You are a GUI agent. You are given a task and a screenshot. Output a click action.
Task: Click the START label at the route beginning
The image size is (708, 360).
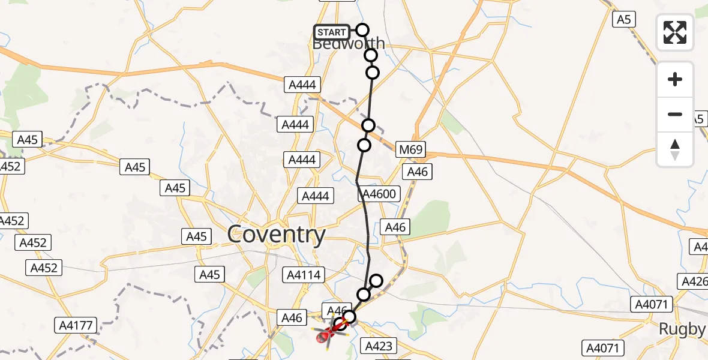tap(331, 32)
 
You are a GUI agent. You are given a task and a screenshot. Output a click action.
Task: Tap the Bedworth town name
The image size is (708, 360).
tap(349, 45)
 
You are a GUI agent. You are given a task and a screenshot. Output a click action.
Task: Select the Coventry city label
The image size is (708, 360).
tap(277, 235)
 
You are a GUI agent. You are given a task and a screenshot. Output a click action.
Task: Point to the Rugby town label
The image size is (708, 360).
tap(682, 329)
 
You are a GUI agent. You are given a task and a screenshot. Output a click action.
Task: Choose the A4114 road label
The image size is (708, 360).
tap(304, 275)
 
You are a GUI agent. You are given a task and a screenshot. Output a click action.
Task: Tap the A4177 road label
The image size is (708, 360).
tap(76, 326)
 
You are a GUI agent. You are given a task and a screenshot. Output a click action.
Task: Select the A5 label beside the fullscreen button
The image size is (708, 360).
tap(624, 20)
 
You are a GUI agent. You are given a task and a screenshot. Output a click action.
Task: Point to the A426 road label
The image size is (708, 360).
tap(694, 281)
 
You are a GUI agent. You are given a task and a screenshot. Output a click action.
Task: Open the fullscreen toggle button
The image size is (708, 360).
tap(675, 32)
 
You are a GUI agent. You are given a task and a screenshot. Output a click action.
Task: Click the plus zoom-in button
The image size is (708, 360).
tap(675, 79)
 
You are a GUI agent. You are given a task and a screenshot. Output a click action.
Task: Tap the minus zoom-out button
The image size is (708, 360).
tap(675, 114)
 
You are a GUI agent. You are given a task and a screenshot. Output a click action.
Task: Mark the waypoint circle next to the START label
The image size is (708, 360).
tap(362, 30)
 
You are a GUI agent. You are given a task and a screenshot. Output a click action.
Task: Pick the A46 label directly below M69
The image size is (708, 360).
tap(418, 172)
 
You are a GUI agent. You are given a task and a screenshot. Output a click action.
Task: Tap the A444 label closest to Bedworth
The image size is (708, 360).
tap(302, 85)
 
